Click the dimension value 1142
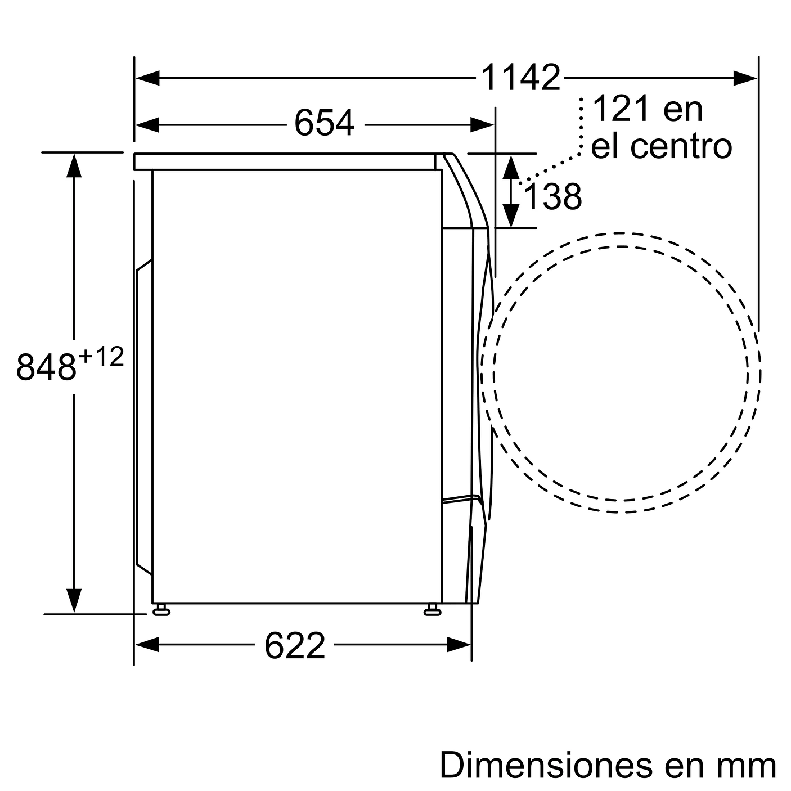(x=520, y=78)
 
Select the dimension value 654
(x=325, y=123)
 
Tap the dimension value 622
(x=295, y=645)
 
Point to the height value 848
(x=46, y=366)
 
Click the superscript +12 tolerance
(x=101, y=357)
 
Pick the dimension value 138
(x=552, y=197)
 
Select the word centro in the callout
(x=681, y=146)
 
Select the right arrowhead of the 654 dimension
(x=482, y=124)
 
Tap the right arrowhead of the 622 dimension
(x=459, y=645)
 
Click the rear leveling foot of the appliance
(x=161, y=610)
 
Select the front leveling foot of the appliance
(x=432, y=610)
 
